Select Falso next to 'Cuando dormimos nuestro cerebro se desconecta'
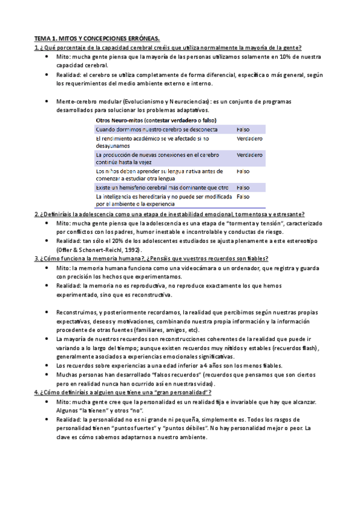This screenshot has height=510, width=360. click(243, 129)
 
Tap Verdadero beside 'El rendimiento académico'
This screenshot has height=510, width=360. click(249, 139)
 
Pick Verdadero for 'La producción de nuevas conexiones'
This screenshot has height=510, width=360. click(249, 155)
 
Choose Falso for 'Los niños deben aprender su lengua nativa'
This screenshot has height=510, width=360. click(243, 171)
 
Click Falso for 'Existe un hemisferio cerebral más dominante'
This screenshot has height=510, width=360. click(243, 188)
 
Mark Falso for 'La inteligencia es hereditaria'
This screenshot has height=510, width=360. click(243, 197)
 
